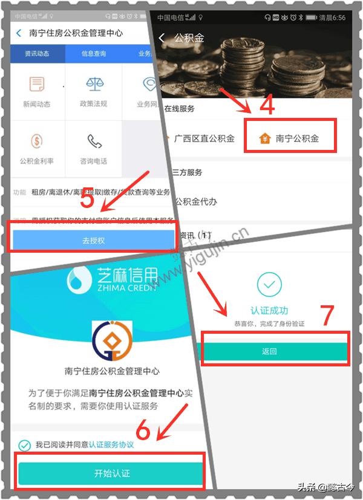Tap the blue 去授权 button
coord(93,240)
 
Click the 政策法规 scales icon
coord(93,84)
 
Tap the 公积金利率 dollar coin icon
coord(37,141)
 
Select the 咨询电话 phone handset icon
coord(93,141)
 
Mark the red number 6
coord(143,430)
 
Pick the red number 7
coord(327,316)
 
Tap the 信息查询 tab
coord(93,54)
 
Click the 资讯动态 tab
coord(37,54)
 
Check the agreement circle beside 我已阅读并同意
coord(24,445)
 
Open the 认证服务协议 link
coord(111,445)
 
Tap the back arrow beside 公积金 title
coord(162,38)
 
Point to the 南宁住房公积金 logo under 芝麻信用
coord(111,341)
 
